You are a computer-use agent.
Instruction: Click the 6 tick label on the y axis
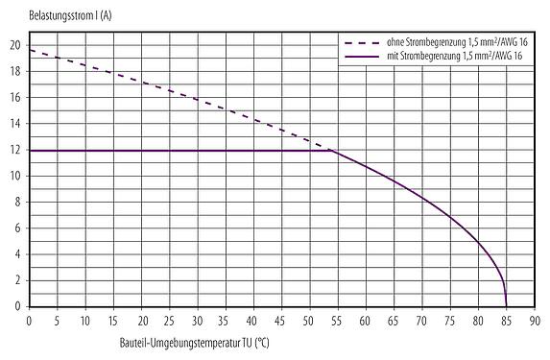pos(16,228)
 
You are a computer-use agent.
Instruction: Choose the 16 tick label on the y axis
pos(14,97)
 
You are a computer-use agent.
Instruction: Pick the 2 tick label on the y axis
pos(16,280)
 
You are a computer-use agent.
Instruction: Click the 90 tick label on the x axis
pos(534,320)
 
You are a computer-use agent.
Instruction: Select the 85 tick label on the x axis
pos(506,320)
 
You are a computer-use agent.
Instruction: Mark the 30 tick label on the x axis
pos(198,320)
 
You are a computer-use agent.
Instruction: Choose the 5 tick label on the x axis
pos(58,320)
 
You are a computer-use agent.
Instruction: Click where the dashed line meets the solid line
pos(332,150)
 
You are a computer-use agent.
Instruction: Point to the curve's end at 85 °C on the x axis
pos(506,305)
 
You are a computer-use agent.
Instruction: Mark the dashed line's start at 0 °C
pos(30,49)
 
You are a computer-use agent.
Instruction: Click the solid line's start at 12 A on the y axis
pos(30,150)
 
